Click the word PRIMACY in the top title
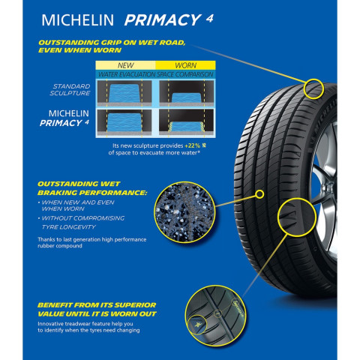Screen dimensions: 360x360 point(163,20)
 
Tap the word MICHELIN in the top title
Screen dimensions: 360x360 point(77,20)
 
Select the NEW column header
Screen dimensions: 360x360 point(125,65)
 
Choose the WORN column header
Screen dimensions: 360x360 point(185,65)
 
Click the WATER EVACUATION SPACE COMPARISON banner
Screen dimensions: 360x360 point(155,74)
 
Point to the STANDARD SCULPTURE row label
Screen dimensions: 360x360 point(70,90)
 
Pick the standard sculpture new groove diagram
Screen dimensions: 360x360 point(124,93)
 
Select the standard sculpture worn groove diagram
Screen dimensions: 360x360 point(187,93)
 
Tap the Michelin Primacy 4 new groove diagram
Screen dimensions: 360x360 point(124,122)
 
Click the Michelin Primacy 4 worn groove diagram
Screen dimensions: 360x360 point(187,122)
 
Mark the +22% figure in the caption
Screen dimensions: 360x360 point(193,145)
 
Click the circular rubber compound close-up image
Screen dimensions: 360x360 point(184,212)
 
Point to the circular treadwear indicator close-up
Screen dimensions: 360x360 point(215,316)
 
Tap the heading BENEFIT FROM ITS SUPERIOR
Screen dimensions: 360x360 point(97,305)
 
